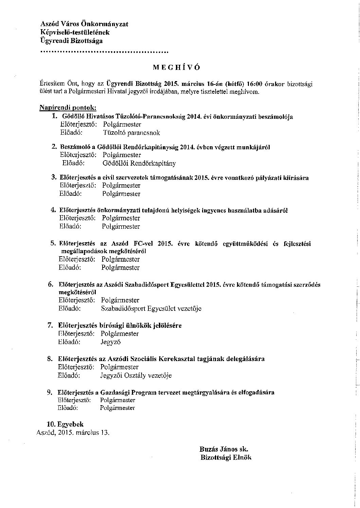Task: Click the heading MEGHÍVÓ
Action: point(176,67)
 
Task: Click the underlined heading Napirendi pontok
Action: point(68,108)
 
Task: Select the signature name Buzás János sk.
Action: point(226,449)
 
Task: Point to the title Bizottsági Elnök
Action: point(226,457)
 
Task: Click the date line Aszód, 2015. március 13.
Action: point(73,433)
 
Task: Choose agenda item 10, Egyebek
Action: point(65,424)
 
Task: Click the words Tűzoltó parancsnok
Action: point(131,133)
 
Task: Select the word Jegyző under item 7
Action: point(111,342)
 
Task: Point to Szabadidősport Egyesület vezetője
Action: point(151,308)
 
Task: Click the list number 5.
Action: point(53,243)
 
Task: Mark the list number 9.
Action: point(50,393)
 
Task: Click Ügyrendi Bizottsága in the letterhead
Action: point(71,41)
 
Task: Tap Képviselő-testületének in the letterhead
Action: point(75,33)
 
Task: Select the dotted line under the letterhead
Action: point(104,52)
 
